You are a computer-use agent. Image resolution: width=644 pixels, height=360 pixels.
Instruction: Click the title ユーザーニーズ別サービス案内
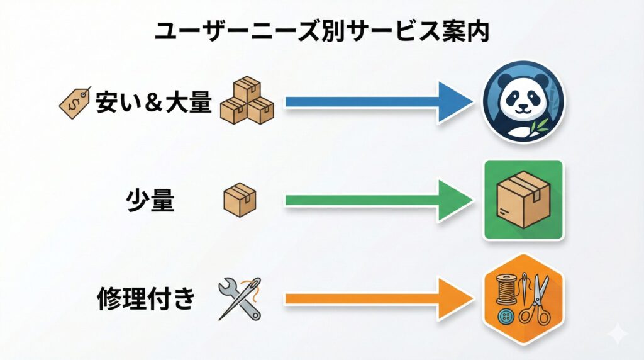(x=322, y=31)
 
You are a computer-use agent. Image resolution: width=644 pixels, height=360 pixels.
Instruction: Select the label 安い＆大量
(x=153, y=102)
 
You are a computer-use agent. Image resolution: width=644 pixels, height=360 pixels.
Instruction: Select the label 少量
(x=149, y=201)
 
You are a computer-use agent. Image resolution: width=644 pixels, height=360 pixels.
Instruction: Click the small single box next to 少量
(x=240, y=200)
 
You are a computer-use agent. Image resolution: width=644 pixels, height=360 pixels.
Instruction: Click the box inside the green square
(x=523, y=200)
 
